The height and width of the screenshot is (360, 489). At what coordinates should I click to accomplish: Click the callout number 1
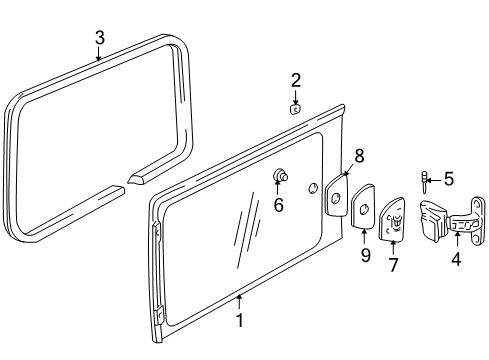click(x=239, y=321)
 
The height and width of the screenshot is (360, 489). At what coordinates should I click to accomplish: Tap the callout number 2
click(x=296, y=80)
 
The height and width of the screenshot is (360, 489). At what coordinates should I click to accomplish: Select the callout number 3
click(x=99, y=38)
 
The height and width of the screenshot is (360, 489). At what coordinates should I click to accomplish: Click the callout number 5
click(x=448, y=180)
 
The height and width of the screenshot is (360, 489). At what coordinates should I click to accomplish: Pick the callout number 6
click(x=279, y=206)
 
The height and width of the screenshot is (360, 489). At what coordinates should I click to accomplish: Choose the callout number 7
click(x=393, y=266)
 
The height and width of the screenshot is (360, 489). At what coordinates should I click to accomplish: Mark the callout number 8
click(x=359, y=155)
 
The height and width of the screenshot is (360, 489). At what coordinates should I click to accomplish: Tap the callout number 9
click(x=365, y=256)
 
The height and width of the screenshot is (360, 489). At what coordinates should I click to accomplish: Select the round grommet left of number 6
click(x=280, y=177)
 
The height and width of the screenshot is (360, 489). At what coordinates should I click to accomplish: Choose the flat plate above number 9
click(x=365, y=209)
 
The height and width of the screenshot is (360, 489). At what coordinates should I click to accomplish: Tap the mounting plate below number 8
click(x=336, y=195)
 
